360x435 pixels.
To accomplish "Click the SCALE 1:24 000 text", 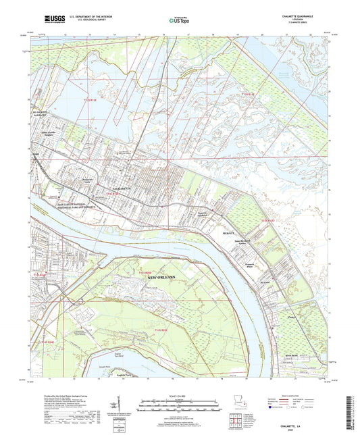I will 179,394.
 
